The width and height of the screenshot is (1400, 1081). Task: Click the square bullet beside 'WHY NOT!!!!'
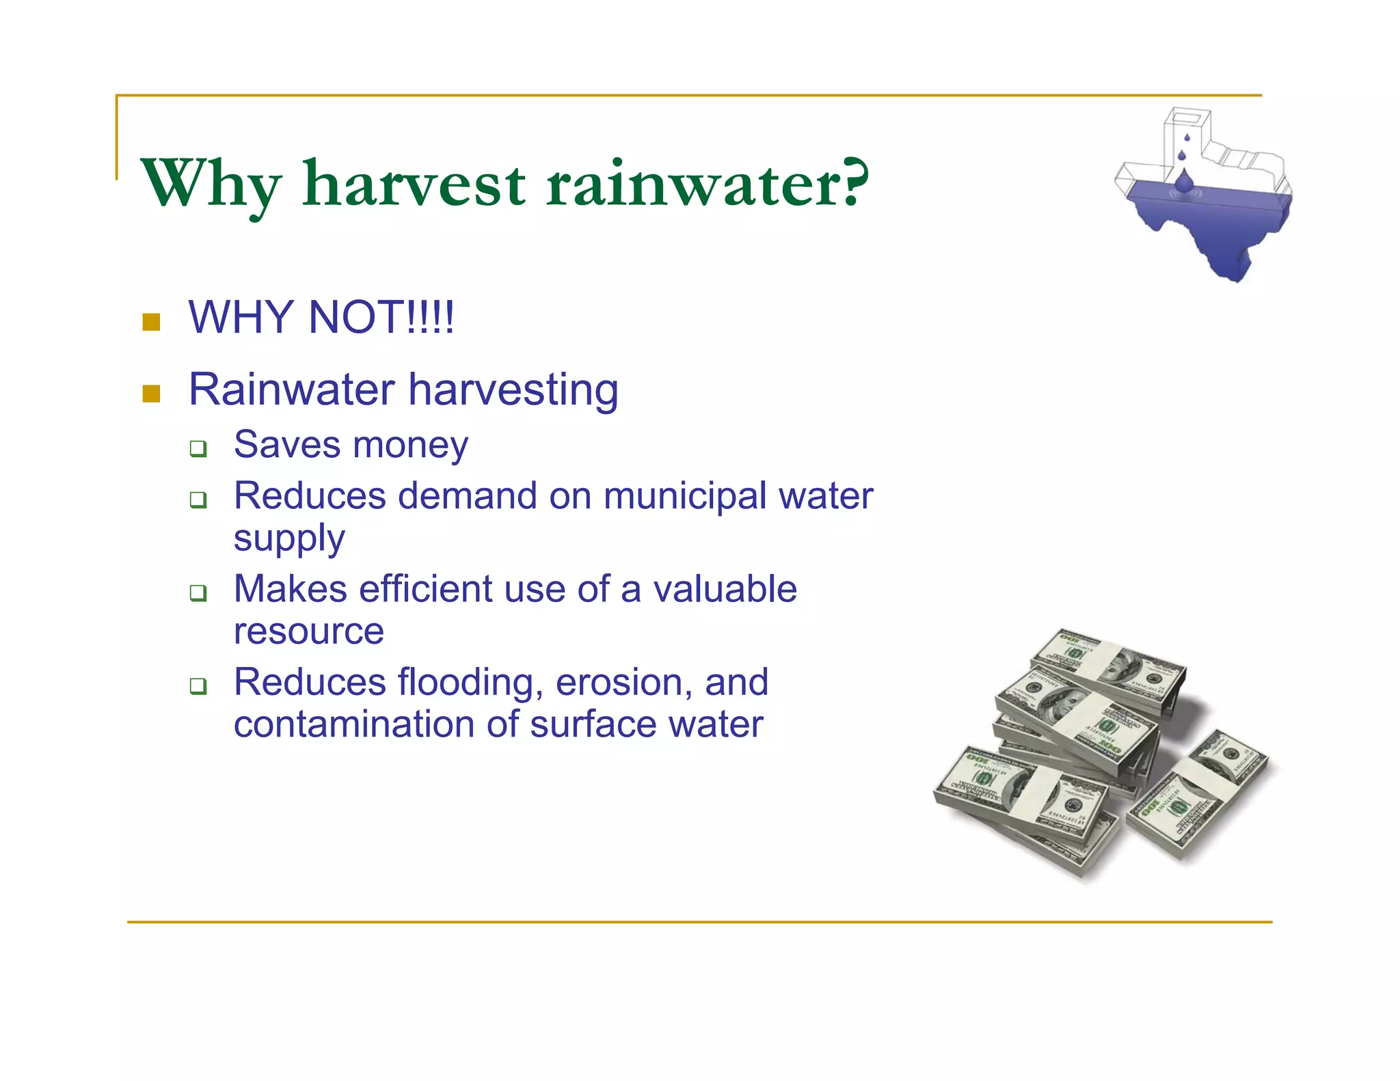click(x=151, y=322)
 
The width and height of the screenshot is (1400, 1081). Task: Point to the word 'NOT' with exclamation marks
click(x=380, y=317)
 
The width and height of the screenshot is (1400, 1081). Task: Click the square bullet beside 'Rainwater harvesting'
click(x=151, y=394)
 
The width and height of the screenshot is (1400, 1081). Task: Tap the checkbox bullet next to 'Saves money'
click(x=198, y=449)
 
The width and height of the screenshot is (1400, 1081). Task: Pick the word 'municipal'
click(x=684, y=497)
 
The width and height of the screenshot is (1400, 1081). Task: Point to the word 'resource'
click(x=308, y=631)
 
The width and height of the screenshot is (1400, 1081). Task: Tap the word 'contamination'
click(x=353, y=724)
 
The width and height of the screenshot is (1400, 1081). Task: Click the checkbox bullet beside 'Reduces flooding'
click(x=198, y=685)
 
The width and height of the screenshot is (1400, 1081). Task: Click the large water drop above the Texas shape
click(x=1184, y=180)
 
